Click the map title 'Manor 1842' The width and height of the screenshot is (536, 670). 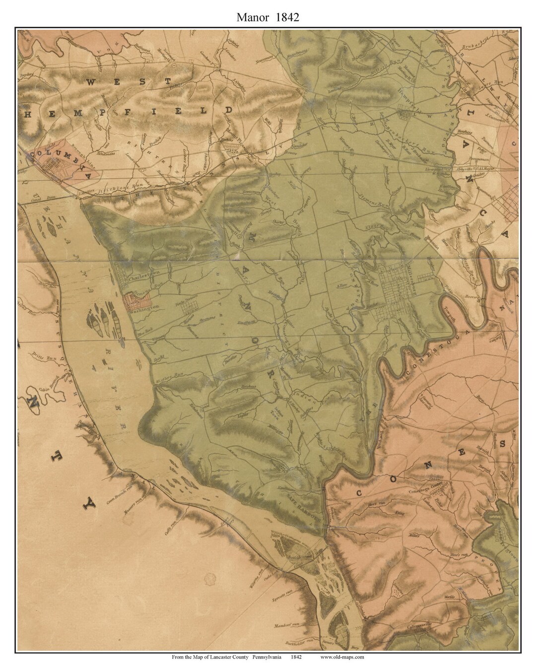pos(268,18)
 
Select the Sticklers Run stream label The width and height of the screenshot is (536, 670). pos(114,189)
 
